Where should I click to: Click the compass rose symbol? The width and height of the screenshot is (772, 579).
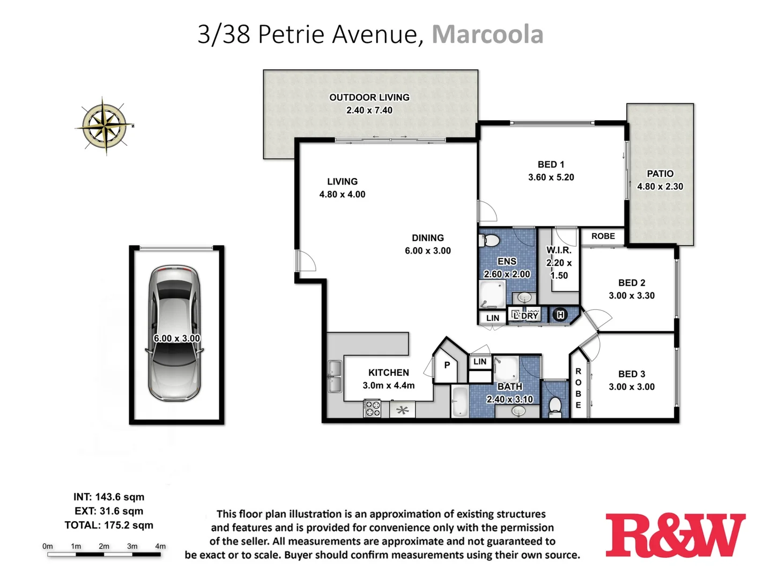click(x=105, y=125)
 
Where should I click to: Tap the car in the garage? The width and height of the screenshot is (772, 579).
click(x=175, y=333)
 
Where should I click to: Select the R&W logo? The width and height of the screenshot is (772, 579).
click(x=675, y=536)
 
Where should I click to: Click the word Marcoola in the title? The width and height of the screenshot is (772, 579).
click(x=487, y=34)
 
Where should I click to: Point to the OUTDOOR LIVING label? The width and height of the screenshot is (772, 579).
click(x=369, y=98)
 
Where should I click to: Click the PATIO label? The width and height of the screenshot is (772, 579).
click(x=660, y=174)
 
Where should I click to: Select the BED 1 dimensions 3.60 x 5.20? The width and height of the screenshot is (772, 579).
click(x=551, y=177)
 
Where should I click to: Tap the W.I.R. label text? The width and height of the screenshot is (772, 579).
click(x=559, y=250)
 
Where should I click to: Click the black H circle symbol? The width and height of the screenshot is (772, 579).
click(x=560, y=315)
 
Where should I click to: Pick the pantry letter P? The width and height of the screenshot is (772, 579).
click(x=447, y=365)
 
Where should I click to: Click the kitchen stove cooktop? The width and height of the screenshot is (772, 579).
click(x=372, y=409)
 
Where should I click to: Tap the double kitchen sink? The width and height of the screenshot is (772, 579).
click(x=335, y=376)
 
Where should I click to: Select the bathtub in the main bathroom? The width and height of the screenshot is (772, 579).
click(x=459, y=402)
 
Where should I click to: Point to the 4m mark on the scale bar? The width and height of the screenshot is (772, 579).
click(x=160, y=546)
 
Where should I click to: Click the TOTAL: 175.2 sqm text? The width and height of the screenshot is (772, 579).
click(x=109, y=525)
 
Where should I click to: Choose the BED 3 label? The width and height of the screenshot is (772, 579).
click(x=632, y=374)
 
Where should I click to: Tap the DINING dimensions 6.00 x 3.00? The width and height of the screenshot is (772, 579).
click(x=427, y=251)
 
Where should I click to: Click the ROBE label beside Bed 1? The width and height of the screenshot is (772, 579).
click(x=603, y=236)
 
